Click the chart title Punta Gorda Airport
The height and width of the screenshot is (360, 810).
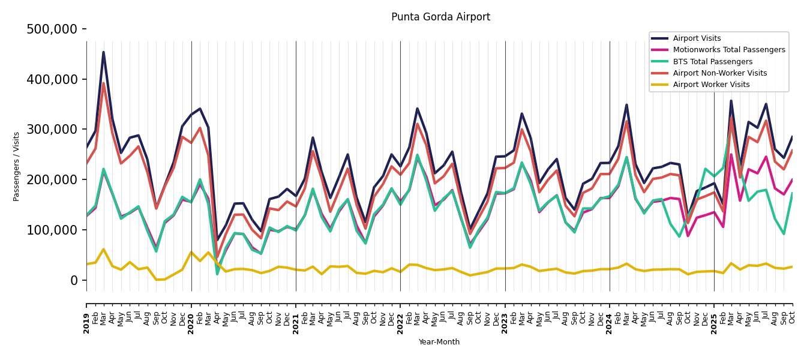coord(440,17)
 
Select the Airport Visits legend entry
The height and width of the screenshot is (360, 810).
coord(697,38)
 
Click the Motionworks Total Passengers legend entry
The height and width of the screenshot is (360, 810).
coord(728,50)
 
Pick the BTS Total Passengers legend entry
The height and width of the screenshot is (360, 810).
coord(712,62)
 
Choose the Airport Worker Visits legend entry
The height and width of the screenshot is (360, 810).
coord(711,85)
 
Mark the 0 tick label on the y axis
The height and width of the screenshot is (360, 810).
coord(73,280)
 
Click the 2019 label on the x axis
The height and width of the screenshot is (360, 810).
coord(87,323)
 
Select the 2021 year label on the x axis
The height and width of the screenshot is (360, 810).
coord(296,323)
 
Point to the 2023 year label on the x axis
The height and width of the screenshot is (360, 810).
coord(505,323)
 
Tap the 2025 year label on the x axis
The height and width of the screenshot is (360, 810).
coord(714,323)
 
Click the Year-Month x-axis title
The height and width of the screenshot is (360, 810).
coord(439,342)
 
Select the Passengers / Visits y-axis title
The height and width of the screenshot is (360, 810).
coord(17,166)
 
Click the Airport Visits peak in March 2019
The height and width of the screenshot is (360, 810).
coord(103,52)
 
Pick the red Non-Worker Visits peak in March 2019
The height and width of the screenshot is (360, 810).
coord(103,83)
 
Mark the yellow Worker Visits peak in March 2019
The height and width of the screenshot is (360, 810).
coord(103,249)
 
